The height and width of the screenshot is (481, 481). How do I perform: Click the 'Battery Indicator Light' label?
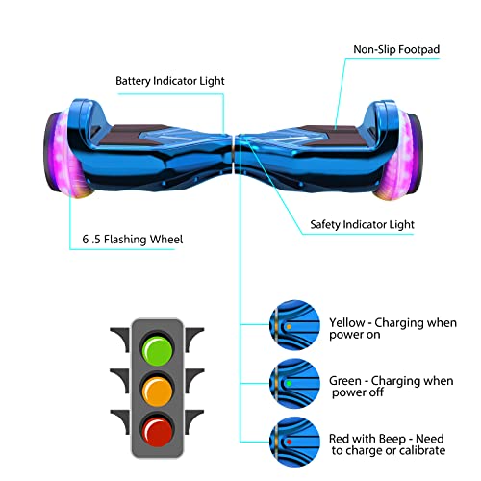[x=170, y=81]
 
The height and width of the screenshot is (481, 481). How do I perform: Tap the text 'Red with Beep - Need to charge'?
[x=387, y=443]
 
